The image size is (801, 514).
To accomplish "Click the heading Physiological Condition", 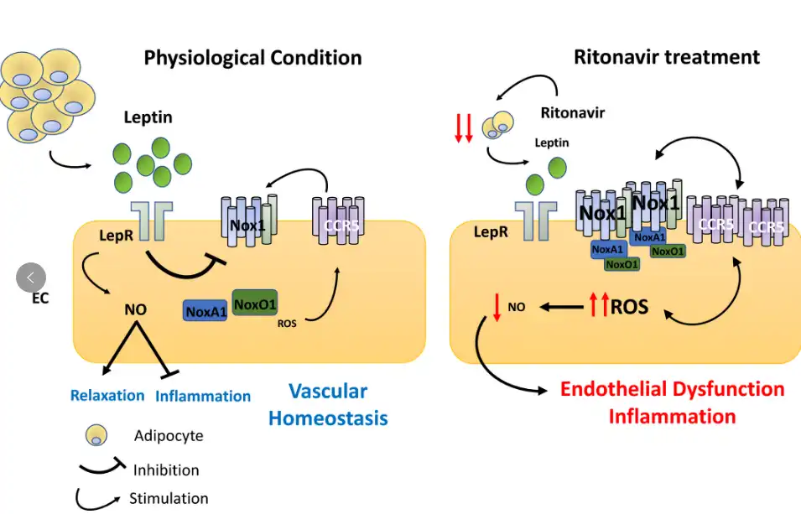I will click(252, 58).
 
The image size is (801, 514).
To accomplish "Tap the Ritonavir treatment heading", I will click(667, 57).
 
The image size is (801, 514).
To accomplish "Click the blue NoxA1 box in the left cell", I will click(205, 311).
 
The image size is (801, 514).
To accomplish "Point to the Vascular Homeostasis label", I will click(328, 404).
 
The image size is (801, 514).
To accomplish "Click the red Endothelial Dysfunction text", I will click(672, 389).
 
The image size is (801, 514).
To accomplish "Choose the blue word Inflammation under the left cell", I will click(203, 396).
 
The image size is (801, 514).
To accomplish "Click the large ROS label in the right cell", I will click(629, 307).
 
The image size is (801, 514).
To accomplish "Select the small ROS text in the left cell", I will click(287, 323).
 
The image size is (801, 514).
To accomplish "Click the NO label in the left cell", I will click(135, 309).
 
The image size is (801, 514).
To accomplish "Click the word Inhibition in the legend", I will click(166, 470).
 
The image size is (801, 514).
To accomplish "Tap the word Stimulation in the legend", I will click(169, 499).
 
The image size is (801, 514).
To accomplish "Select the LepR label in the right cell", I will click(490, 231).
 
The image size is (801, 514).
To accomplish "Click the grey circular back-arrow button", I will click(31, 278).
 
